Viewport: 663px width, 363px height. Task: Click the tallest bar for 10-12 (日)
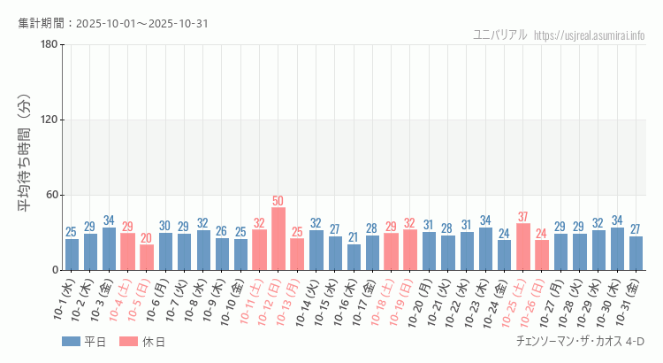tap(278, 239)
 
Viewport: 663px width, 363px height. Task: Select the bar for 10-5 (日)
tap(147, 258)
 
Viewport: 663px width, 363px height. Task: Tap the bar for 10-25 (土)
tap(523, 247)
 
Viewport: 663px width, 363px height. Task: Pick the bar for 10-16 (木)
tap(354, 257)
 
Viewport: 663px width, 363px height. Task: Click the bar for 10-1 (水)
tap(72, 254)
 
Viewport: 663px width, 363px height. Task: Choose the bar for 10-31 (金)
tap(636, 253)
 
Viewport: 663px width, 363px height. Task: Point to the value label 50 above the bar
tap(278, 201)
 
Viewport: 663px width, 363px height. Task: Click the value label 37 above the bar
tap(523, 217)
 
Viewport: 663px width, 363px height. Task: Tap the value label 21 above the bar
tap(354, 237)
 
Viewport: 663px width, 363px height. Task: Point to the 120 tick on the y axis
tap(49, 120)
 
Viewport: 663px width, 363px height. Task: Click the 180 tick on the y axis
tap(49, 44)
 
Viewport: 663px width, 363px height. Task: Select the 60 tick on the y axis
tap(52, 195)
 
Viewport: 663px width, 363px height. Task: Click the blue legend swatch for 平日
tap(70, 342)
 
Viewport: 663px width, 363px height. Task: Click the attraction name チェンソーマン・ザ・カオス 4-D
tap(579, 342)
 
